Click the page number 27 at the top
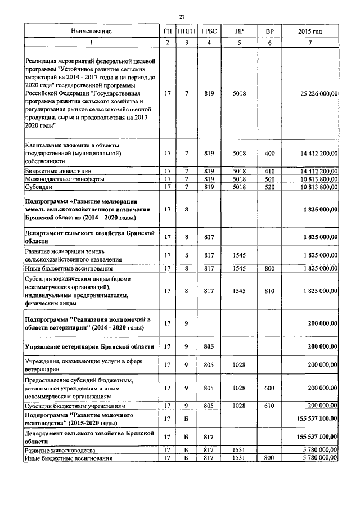pos(182,16)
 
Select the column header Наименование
pos(91,31)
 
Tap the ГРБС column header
pos(209,31)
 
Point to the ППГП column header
pos(186,31)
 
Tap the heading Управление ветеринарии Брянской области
pos(87,346)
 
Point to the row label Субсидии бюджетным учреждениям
pos(74,405)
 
